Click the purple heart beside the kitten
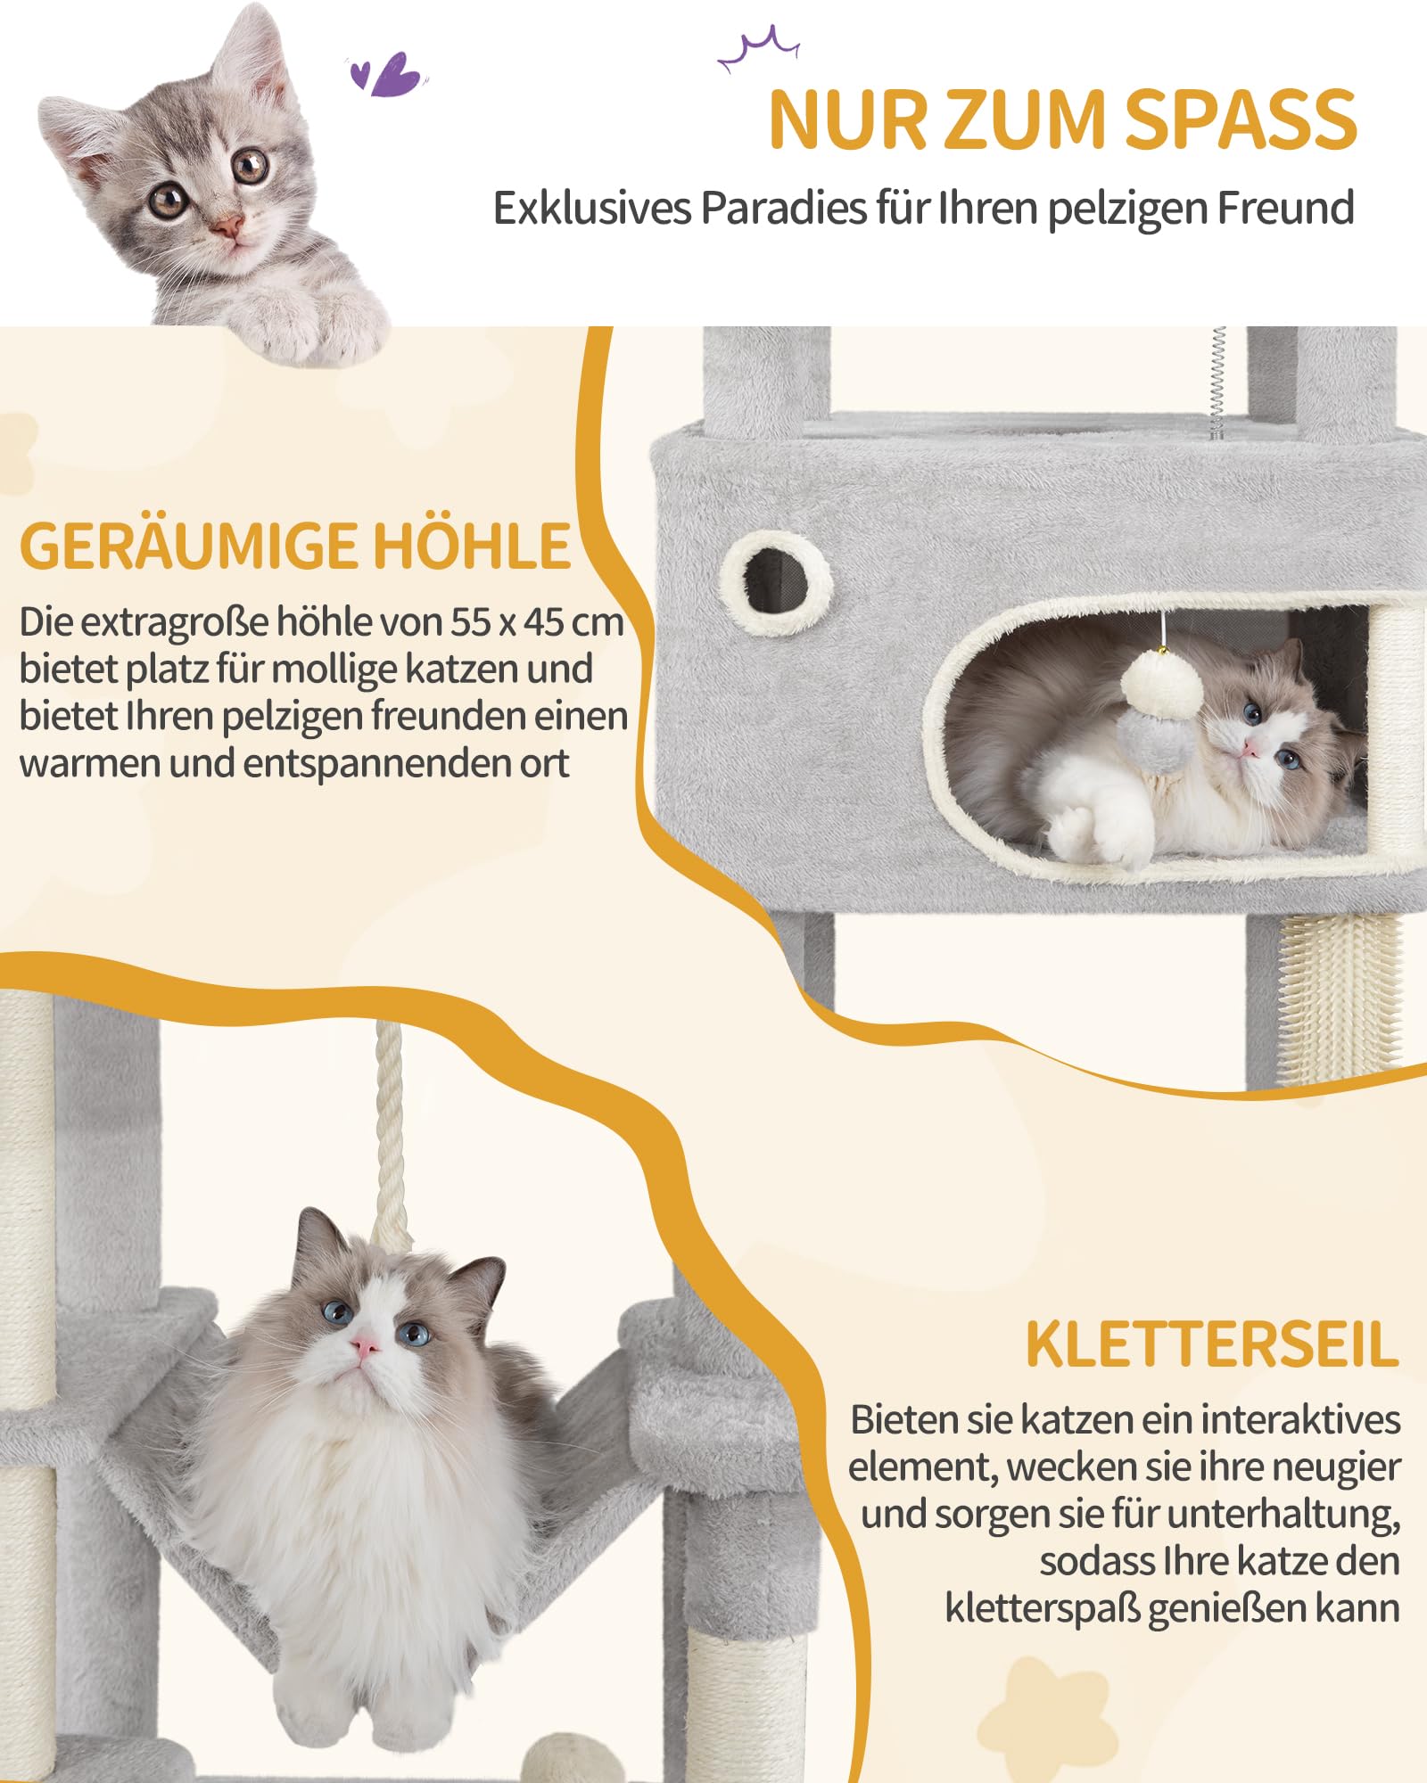pos(390,75)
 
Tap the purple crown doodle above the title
pos(759,49)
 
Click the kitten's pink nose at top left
pos(228,225)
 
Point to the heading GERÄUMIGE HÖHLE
pos(295,546)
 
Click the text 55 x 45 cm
pos(536,622)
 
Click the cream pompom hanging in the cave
pos(1162,685)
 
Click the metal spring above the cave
pos(1217,382)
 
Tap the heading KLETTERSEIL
pos(1212,1345)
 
